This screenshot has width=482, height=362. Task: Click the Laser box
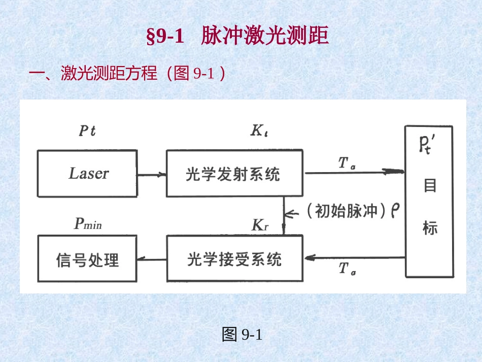[87, 174]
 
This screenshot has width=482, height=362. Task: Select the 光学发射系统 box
[234, 174]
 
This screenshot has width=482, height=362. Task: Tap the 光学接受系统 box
[234, 259]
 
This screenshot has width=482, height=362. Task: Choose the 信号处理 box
[87, 259]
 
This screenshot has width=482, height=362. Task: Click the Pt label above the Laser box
[87, 131]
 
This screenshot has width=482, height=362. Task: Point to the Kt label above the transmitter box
[259, 131]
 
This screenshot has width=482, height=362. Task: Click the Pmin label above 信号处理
[88, 224]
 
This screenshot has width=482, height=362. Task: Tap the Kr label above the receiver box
[260, 225]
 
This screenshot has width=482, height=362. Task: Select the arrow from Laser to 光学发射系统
[152, 174]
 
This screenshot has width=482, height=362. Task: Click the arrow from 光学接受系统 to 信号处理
[152, 259]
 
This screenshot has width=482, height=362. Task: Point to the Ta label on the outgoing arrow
[347, 163]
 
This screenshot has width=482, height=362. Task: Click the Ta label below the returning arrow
[347, 269]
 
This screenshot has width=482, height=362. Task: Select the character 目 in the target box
[430, 186]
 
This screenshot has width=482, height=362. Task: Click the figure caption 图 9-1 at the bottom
[242, 335]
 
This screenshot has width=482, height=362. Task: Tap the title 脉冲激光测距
[265, 37]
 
